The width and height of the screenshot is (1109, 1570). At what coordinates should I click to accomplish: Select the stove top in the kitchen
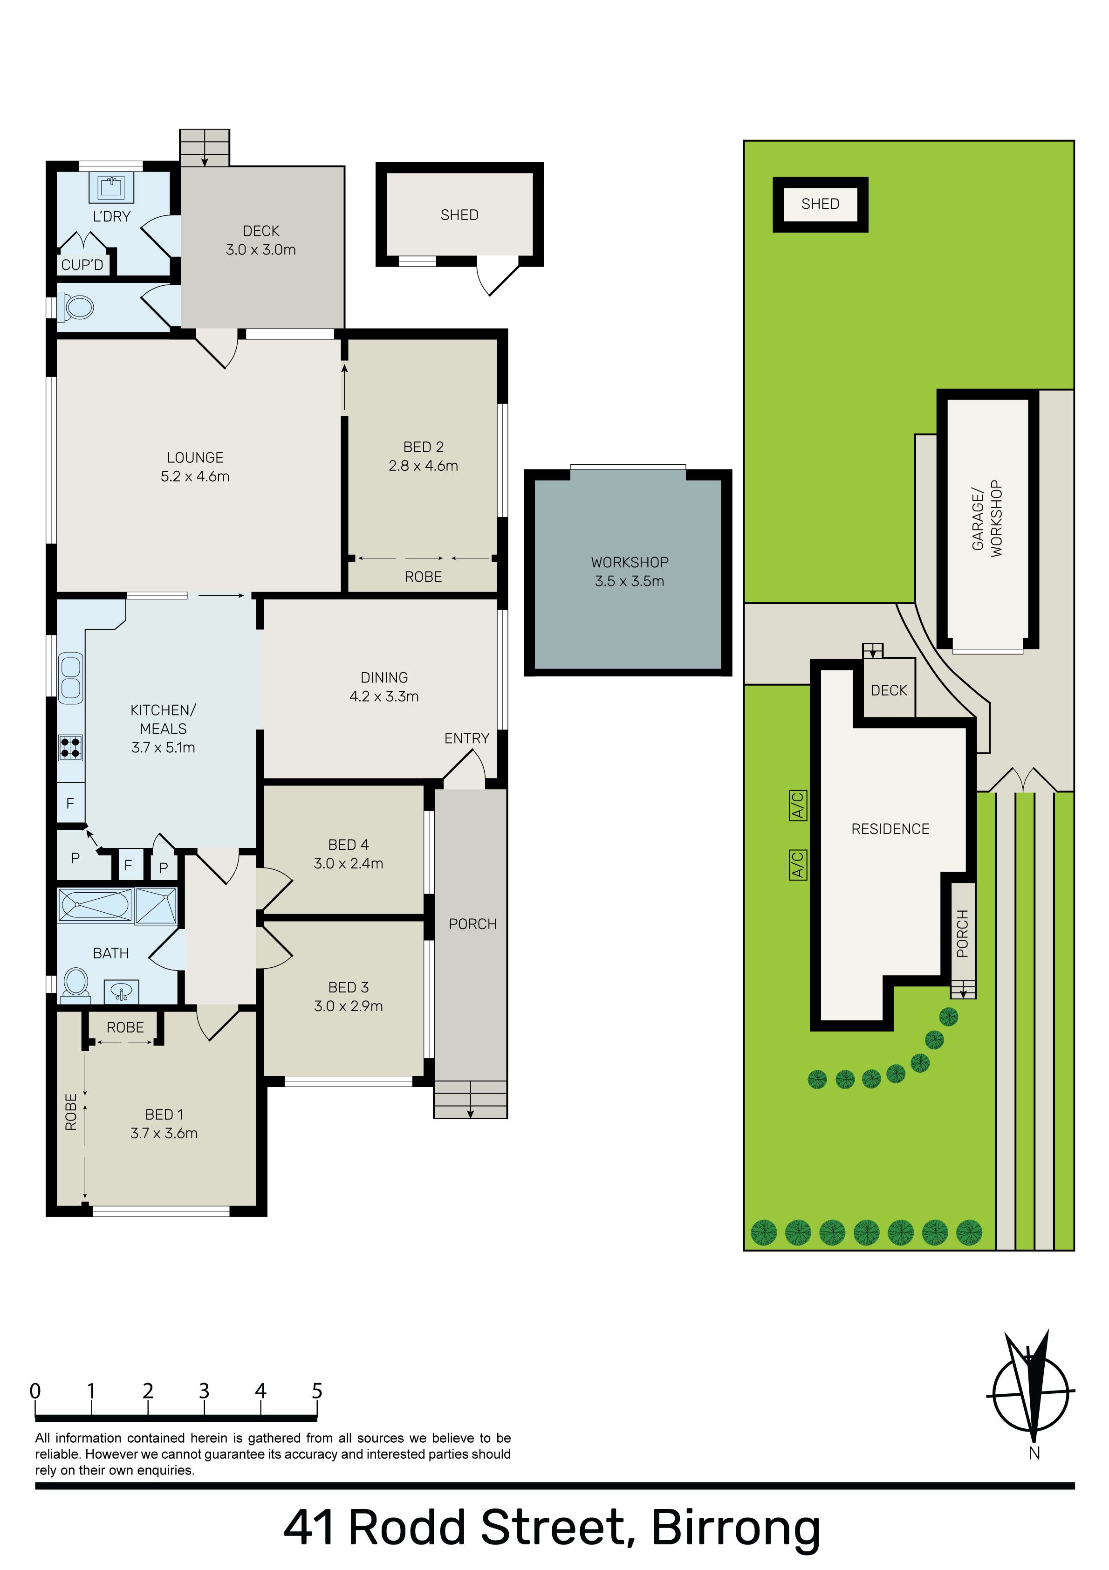[x=70, y=747]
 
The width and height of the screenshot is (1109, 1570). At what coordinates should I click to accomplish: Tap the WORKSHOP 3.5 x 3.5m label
[x=630, y=572]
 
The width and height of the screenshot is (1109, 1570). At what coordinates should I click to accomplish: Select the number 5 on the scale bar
[x=316, y=1391]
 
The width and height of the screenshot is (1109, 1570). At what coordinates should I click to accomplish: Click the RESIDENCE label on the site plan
[x=890, y=829]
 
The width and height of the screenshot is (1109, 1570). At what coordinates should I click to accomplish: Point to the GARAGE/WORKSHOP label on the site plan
[x=986, y=518]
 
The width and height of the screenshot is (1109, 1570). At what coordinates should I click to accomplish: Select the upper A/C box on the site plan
[x=798, y=805]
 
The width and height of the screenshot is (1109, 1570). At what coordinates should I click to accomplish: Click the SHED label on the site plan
[x=821, y=204]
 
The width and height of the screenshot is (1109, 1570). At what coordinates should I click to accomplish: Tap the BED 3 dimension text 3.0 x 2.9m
[x=348, y=1006]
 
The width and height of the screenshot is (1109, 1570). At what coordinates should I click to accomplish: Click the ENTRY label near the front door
[x=467, y=738]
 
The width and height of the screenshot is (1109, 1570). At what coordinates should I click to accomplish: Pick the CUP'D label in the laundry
[x=82, y=265]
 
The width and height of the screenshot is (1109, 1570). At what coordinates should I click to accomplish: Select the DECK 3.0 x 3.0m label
[x=261, y=240]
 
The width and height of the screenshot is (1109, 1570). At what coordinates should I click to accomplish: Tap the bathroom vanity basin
[x=122, y=992]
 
